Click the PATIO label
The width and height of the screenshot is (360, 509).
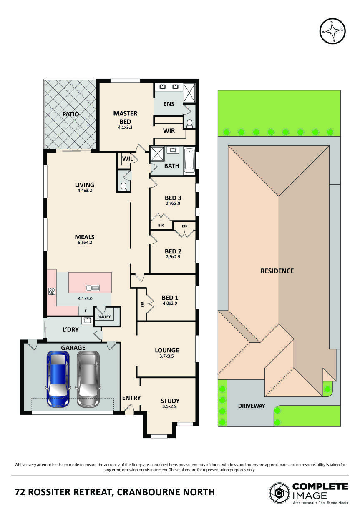click(x=71, y=114)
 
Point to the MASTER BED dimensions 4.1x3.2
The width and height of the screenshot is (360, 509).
click(x=125, y=127)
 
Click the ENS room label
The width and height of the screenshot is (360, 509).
click(x=169, y=104)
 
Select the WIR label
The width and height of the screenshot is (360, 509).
click(x=169, y=130)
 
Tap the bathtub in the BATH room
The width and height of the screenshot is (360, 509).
click(x=189, y=160)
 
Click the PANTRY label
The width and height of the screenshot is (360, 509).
click(x=104, y=317)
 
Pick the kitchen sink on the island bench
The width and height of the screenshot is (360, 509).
click(x=93, y=287)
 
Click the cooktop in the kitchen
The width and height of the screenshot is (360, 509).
click(x=52, y=291)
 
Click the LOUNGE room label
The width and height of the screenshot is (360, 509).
click(x=167, y=350)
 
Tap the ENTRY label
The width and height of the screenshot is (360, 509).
click(x=131, y=398)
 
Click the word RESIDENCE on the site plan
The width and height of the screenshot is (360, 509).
click(x=277, y=271)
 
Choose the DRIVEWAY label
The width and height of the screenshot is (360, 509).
click(x=252, y=406)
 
